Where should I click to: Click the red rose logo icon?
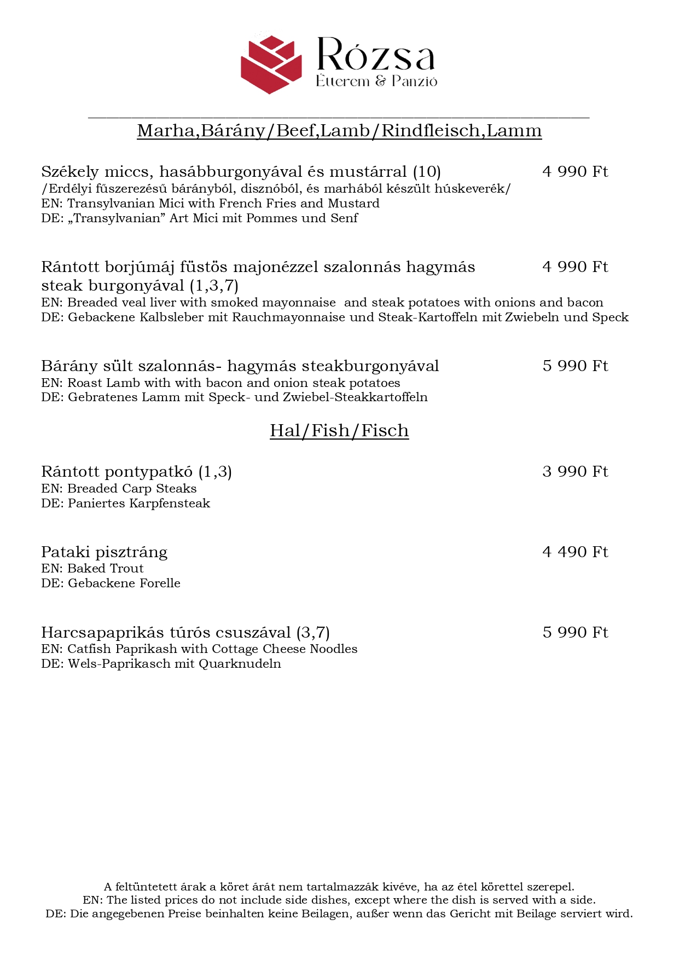click(271, 64)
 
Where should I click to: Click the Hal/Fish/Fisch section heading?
click(339, 431)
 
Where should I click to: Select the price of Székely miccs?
click(575, 172)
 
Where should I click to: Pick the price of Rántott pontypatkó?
click(575, 472)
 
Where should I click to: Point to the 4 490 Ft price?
click(575, 552)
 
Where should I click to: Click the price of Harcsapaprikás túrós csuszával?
click(575, 633)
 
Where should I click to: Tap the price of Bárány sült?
click(575, 366)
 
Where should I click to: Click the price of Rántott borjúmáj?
click(575, 267)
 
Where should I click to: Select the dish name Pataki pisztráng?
click(104, 552)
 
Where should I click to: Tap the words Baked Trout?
click(106, 569)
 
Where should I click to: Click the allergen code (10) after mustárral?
click(427, 172)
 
